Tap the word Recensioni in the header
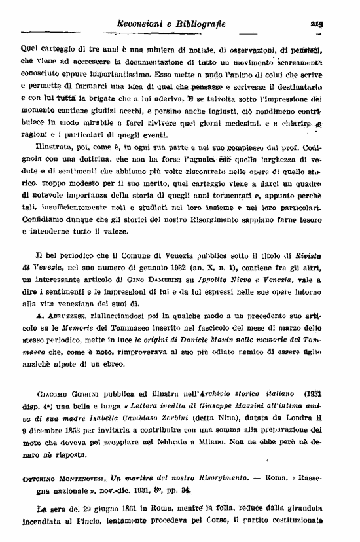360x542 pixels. click(138, 24)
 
